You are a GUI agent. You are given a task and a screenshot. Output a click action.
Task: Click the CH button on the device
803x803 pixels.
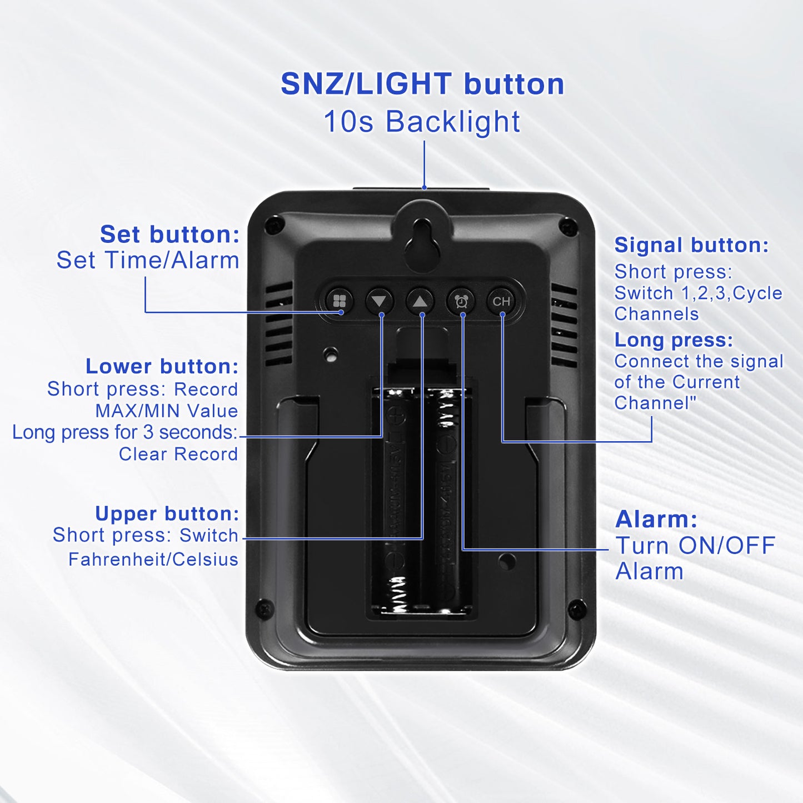click(501, 301)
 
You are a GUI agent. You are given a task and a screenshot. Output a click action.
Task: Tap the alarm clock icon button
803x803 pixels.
click(461, 301)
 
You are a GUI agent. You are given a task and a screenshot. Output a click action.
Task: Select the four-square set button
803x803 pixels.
click(339, 301)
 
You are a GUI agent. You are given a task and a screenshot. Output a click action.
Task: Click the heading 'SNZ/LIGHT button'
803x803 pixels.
click(422, 84)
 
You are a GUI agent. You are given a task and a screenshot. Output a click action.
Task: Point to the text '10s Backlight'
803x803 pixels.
click(422, 122)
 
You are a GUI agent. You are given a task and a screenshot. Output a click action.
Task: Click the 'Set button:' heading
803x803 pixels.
click(170, 234)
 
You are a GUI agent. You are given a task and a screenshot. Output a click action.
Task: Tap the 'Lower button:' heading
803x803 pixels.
click(162, 366)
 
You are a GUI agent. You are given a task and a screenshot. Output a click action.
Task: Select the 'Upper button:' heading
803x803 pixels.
click(167, 513)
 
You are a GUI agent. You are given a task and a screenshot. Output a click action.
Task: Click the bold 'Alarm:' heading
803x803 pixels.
click(656, 519)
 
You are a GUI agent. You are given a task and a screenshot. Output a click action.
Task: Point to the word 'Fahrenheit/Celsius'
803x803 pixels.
click(153, 559)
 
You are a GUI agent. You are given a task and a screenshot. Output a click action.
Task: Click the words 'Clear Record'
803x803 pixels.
click(178, 454)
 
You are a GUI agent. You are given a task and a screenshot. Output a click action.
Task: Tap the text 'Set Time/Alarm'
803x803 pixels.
click(148, 260)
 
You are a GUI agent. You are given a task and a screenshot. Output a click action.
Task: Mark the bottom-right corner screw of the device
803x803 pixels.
click(576, 611)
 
